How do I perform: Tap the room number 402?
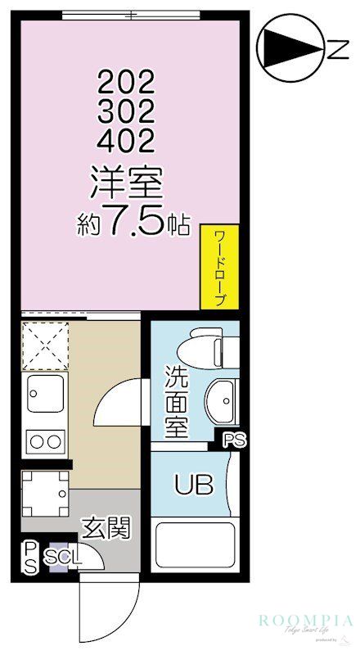(126, 142)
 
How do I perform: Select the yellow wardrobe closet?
(220, 267)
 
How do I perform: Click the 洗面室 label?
(178, 403)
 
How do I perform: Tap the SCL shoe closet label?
(64, 558)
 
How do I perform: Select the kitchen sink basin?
(44, 394)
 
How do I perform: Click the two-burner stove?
(45, 442)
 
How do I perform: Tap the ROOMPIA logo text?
(306, 621)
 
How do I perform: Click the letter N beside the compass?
(335, 52)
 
